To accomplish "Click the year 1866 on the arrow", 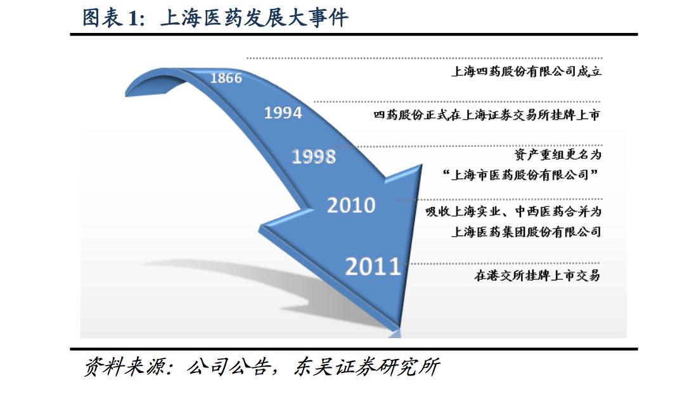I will pos(226,78).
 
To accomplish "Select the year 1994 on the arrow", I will pos(283,113).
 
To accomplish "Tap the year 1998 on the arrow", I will pos(314,156).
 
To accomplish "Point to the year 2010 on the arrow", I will pos(351,205).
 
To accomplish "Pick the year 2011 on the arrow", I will pos(373,267).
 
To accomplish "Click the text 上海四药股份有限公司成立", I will pos(525,72).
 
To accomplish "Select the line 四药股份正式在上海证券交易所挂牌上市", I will pos(486,115).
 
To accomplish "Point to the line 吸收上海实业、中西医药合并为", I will pos(513,211).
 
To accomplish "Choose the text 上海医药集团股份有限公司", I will pos(525,232).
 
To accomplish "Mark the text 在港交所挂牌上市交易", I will pos(537,275).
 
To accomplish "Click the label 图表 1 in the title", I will pos(110,18).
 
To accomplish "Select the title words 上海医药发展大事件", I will pos(254,18).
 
